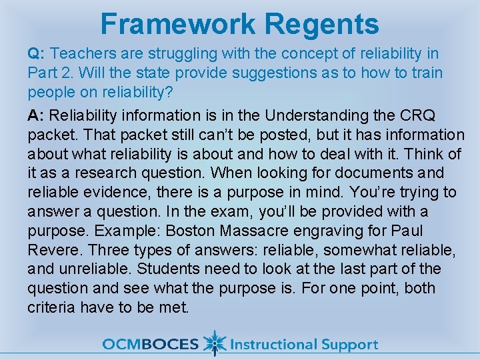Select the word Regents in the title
(322, 24)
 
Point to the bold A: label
(37, 116)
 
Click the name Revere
(53, 250)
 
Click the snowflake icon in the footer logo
(214, 343)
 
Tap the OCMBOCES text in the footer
(150, 344)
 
